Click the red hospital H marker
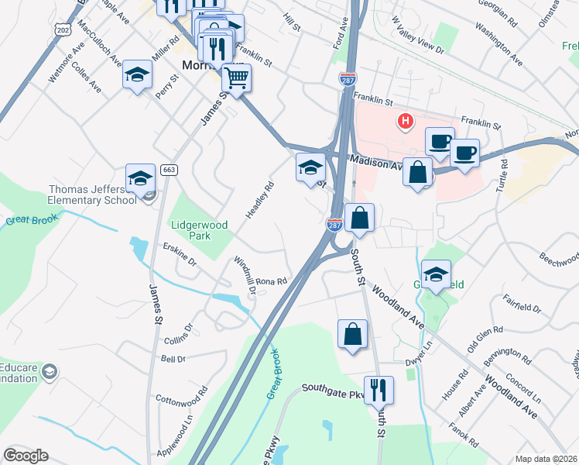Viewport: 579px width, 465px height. pos(404,121)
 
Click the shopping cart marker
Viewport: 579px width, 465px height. pos(236,77)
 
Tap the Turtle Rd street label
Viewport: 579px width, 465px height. pos(503,176)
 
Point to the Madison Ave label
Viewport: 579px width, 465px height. pos(376,162)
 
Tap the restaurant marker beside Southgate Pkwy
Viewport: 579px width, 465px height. pos(379,389)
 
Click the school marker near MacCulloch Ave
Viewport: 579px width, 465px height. pos(137,75)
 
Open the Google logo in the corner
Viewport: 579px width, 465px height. pos(26,456)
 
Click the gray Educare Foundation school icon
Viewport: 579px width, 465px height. pos(50,372)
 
